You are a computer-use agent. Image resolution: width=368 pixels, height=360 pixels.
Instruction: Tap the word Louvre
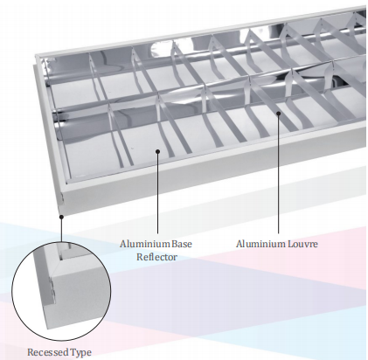(x=302, y=244)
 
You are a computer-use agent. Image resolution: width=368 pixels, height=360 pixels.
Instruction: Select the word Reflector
(x=156, y=257)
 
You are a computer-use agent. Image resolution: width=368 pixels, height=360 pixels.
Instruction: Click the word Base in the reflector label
(x=182, y=244)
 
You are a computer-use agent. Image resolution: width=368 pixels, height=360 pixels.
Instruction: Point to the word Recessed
(x=48, y=352)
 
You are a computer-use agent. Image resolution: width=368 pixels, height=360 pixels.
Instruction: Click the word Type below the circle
(x=80, y=353)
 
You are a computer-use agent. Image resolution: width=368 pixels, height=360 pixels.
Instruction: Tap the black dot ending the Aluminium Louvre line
(x=278, y=114)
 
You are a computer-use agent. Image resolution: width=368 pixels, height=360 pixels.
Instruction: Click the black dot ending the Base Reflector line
(x=157, y=151)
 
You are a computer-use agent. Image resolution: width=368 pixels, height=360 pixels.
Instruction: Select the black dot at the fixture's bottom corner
(x=61, y=217)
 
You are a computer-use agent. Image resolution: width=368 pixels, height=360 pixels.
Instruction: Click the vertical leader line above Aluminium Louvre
(x=278, y=174)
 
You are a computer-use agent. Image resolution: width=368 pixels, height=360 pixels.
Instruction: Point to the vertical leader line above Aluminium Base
(x=157, y=193)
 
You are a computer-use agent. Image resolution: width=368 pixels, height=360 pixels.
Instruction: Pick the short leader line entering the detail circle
(x=61, y=230)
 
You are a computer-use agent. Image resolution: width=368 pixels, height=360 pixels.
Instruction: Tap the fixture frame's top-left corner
(x=37, y=56)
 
